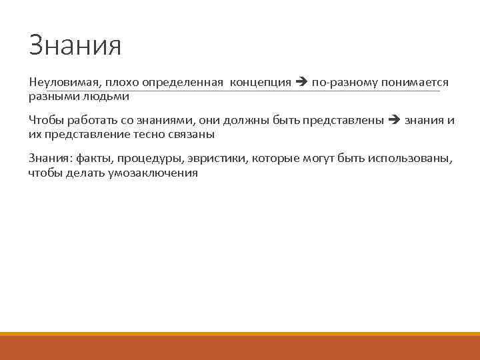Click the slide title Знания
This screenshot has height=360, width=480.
pos(75,45)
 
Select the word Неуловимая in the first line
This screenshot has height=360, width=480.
pos(63,82)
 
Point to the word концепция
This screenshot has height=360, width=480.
pos(261,82)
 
